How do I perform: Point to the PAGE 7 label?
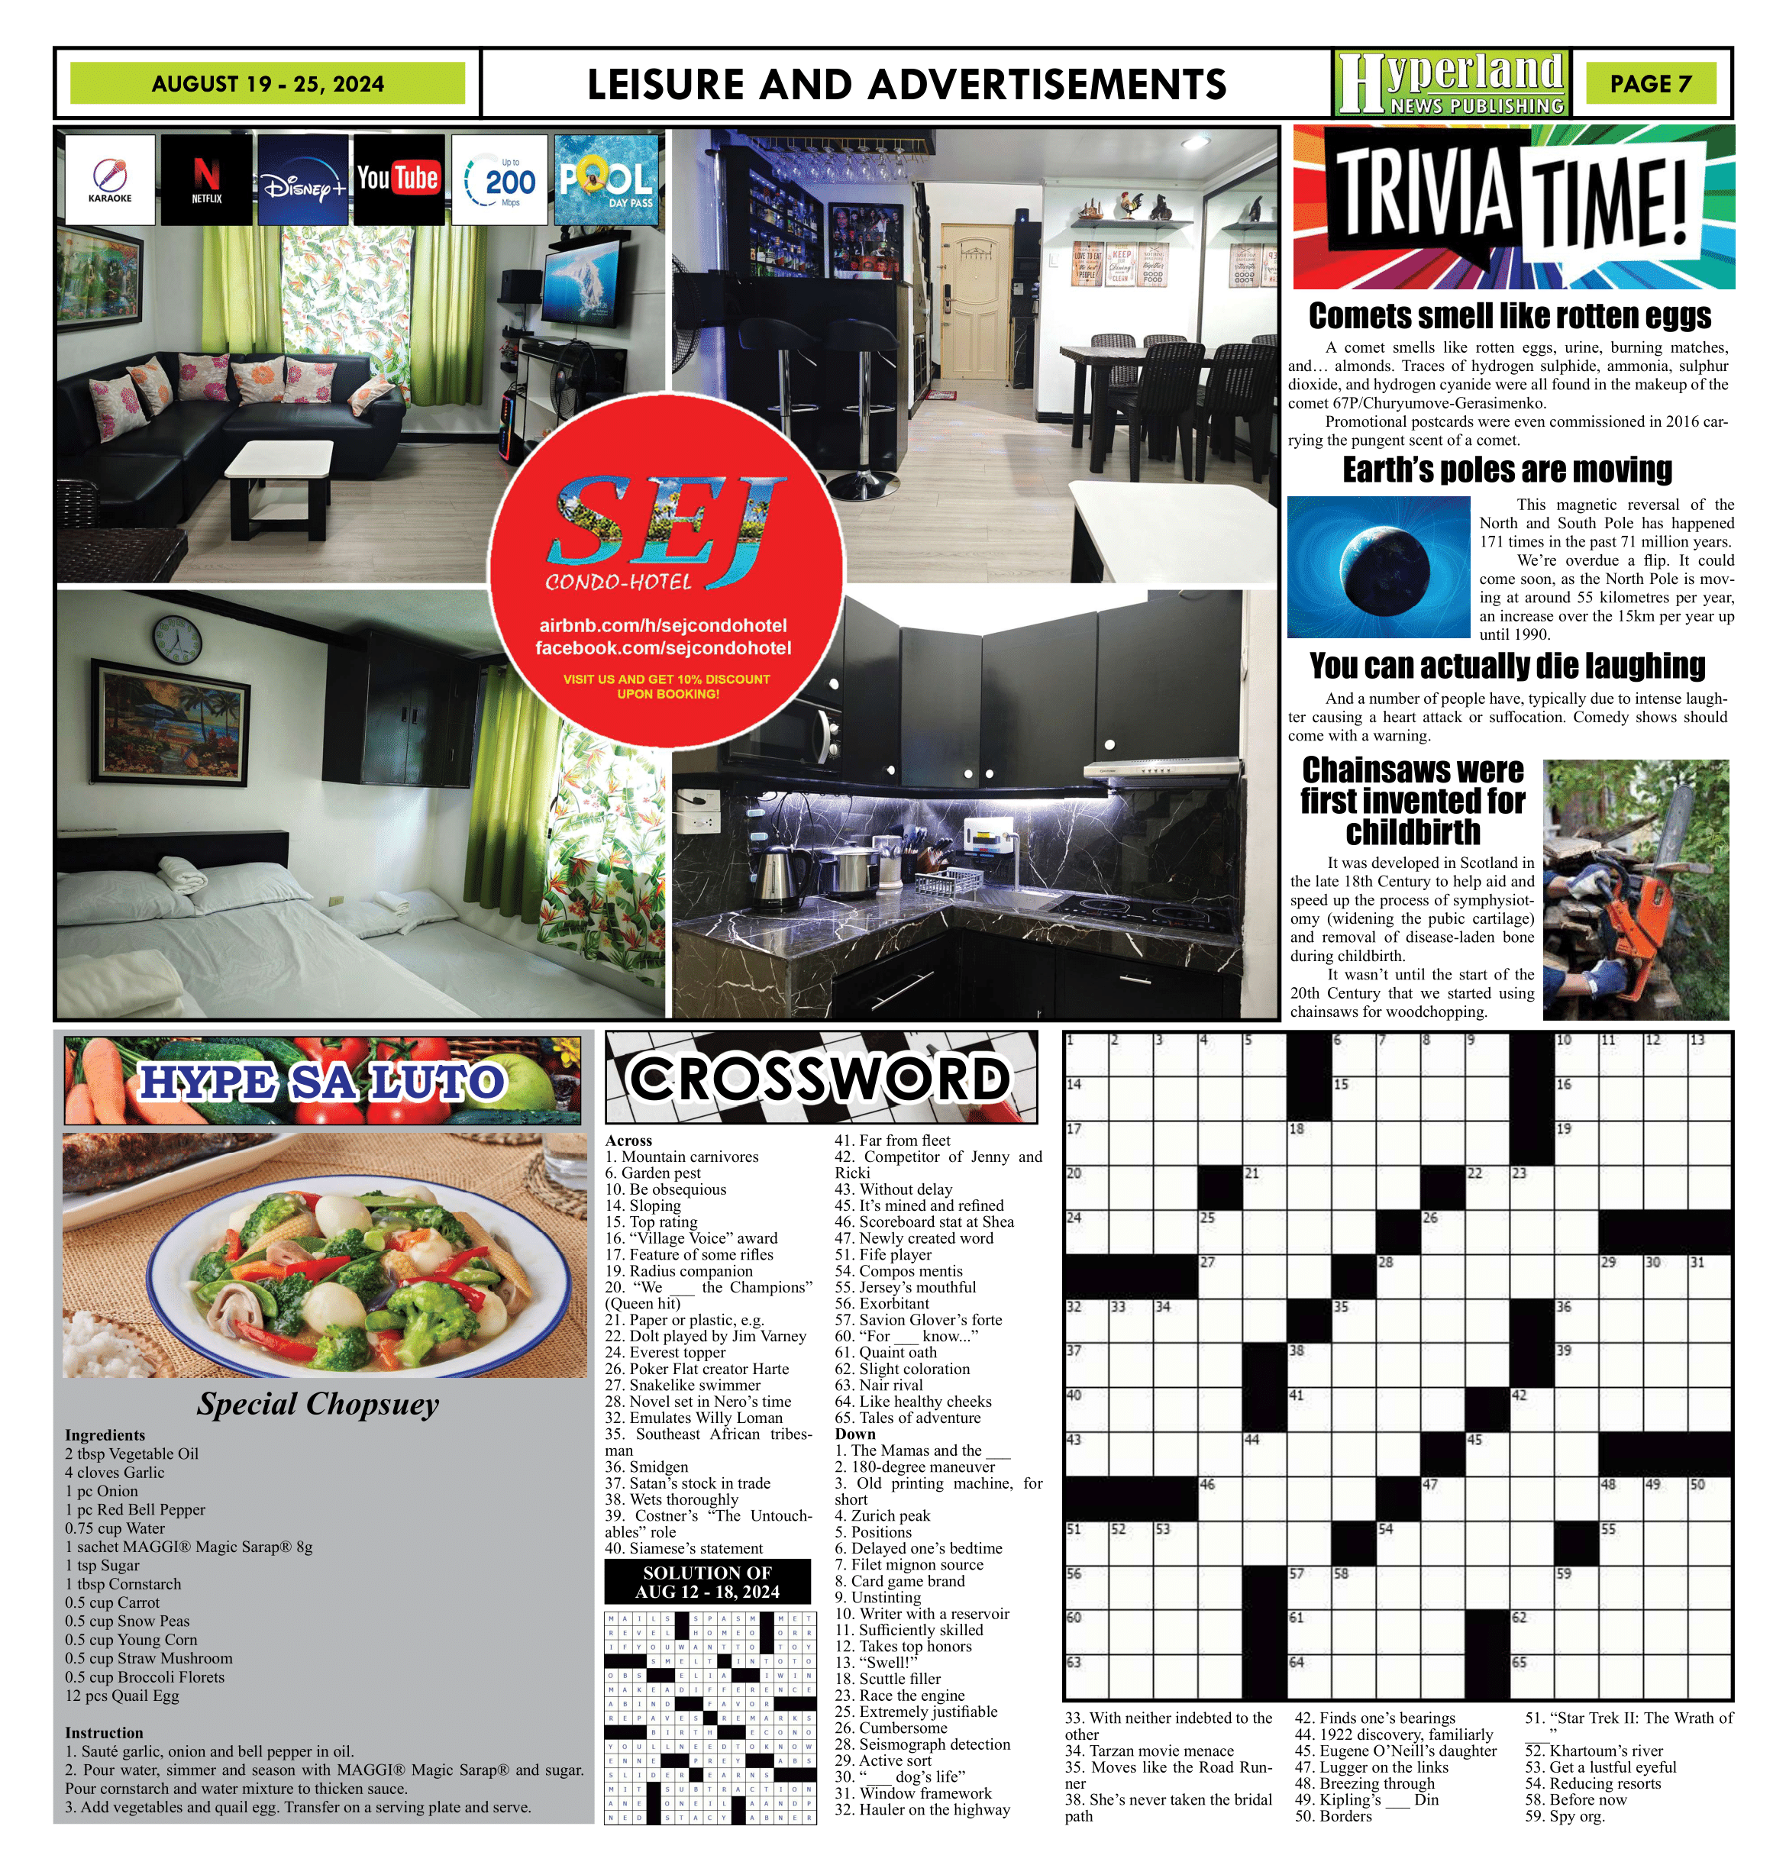(1650, 84)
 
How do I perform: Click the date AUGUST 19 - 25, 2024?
(267, 84)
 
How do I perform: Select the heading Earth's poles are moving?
(1507, 470)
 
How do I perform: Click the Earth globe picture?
(1379, 567)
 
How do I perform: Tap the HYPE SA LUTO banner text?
(321, 1082)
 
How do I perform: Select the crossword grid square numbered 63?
(1086, 1675)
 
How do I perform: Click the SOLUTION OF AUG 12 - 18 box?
(707, 1583)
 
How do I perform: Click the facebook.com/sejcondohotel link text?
(664, 648)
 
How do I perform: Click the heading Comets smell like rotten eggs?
(1509, 316)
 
